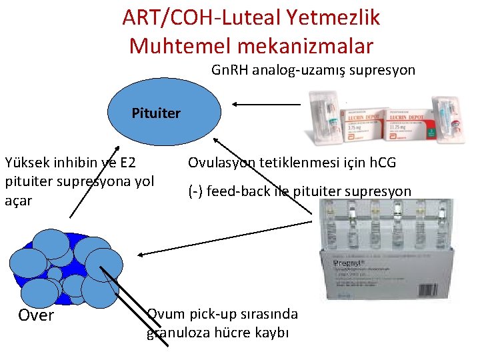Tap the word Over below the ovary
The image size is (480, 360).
click(x=36, y=315)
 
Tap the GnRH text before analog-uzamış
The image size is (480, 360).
click(x=228, y=69)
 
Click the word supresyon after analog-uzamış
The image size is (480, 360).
click(x=385, y=69)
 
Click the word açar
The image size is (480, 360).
click(x=18, y=200)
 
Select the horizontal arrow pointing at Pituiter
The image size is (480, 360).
click(x=267, y=104)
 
